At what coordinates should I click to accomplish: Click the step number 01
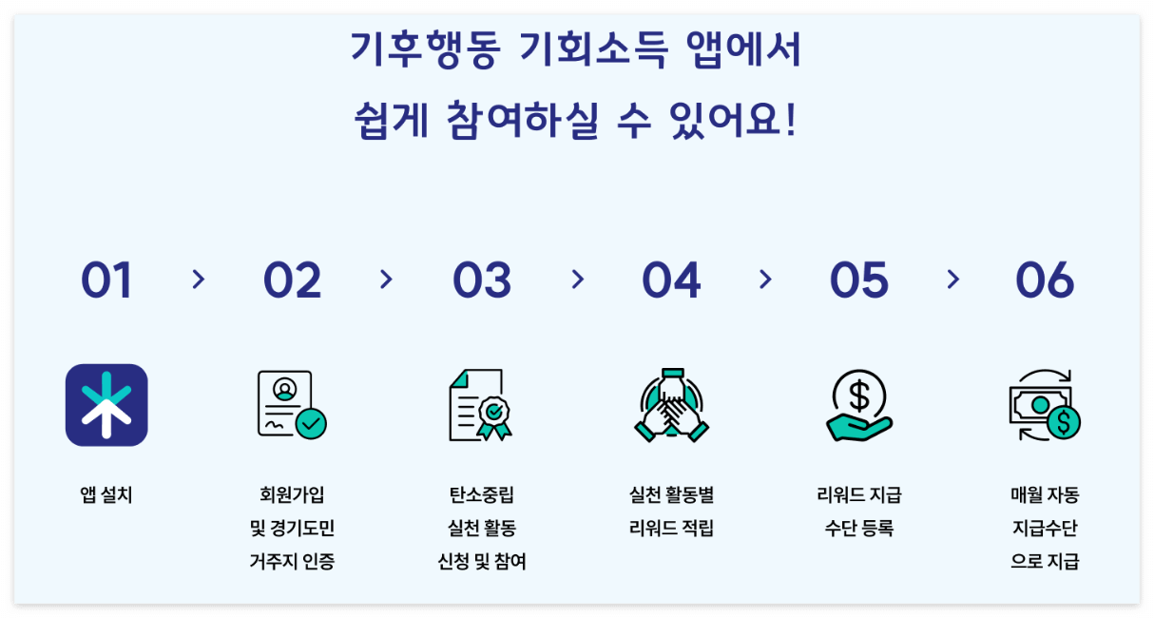[x=106, y=280]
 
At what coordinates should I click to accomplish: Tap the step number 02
[x=292, y=280]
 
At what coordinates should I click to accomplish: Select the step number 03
[x=482, y=280]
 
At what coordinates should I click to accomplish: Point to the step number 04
[x=671, y=280]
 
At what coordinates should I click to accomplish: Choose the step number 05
[x=858, y=280]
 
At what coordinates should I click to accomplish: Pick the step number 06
[x=1045, y=280]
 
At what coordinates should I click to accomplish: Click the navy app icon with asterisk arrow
[x=106, y=405]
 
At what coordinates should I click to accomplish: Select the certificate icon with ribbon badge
[x=481, y=405]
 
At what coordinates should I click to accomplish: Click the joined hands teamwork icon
[x=671, y=405]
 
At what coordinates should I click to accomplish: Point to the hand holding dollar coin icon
[x=858, y=405]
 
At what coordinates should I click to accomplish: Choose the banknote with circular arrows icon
[x=1045, y=405]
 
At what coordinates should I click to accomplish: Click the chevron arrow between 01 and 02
[x=198, y=280]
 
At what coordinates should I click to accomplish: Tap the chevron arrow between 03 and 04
[x=577, y=280]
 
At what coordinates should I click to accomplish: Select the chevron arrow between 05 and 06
[x=953, y=280]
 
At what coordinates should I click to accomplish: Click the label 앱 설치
[x=106, y=495]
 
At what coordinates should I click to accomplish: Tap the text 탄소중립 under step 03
[x=481, y=495]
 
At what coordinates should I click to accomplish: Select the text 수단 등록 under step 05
[x=858, y=529]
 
